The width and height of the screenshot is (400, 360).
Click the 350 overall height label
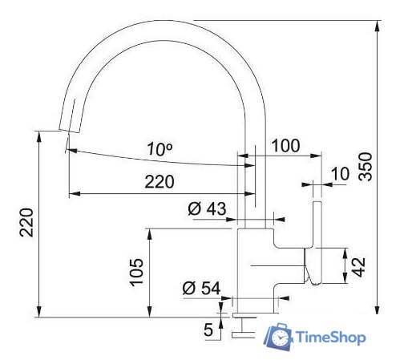pyautogui.click(x=366, y=167)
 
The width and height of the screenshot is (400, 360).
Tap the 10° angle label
pyautogui.click(x=160, y=149)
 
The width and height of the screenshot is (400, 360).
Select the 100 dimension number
pyautogui.click(x=285, y=146)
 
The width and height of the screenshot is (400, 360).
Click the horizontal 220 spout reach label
pyautogui.click(x=160, y=182)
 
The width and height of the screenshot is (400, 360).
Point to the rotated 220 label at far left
pyautogui.click(x=26, y=223)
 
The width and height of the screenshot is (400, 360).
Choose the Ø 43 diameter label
pyautogui.click(x=207, y=208)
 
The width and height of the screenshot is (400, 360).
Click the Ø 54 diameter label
pyautogui.click(x=201, y=288)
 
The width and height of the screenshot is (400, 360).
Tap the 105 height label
pyautogui.click(x=137, y=273)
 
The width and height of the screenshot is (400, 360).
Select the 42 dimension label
pyautogui.click(x=358, y=267)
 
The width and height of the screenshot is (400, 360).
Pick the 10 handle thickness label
pyautogui.click(x=340, y=173)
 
